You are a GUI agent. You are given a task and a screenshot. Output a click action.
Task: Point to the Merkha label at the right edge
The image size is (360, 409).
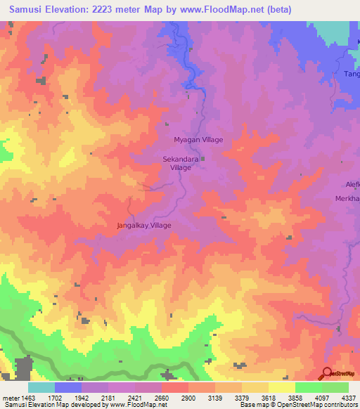click(x=347, y=199)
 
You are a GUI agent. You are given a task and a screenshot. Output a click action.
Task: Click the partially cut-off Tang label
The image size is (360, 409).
click(x=351, y=74)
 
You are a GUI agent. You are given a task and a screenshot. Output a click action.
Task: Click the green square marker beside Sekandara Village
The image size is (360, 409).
click(x=203, y=159)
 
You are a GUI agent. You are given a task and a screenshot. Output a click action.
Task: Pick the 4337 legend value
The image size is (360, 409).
click(x=347, y=398)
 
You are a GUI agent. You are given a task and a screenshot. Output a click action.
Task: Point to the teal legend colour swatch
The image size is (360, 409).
click(x=41, y=387)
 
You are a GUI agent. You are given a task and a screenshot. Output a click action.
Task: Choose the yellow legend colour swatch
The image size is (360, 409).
click(x=281, y=387)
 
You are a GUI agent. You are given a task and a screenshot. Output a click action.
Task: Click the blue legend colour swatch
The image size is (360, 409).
click(x=68, y=387)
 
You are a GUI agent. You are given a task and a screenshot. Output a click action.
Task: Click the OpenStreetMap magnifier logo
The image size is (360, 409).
click(x=327, y=374)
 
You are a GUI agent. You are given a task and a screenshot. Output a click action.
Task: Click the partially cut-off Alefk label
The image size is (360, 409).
click(x=351, y=184)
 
